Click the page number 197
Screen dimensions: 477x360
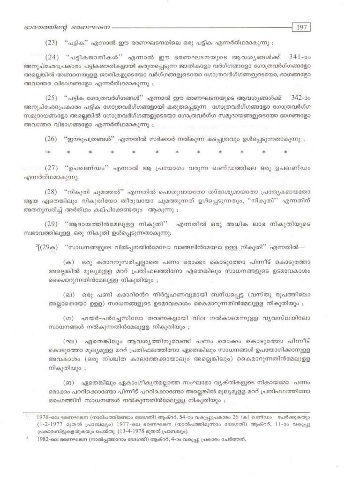click(x=301, y=27)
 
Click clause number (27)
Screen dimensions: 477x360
click(x=52, y=168)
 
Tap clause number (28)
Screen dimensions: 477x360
click(x=52, y=193)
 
